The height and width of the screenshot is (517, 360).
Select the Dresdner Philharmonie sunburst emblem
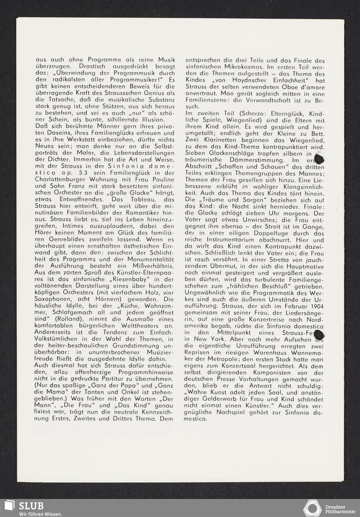312,508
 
